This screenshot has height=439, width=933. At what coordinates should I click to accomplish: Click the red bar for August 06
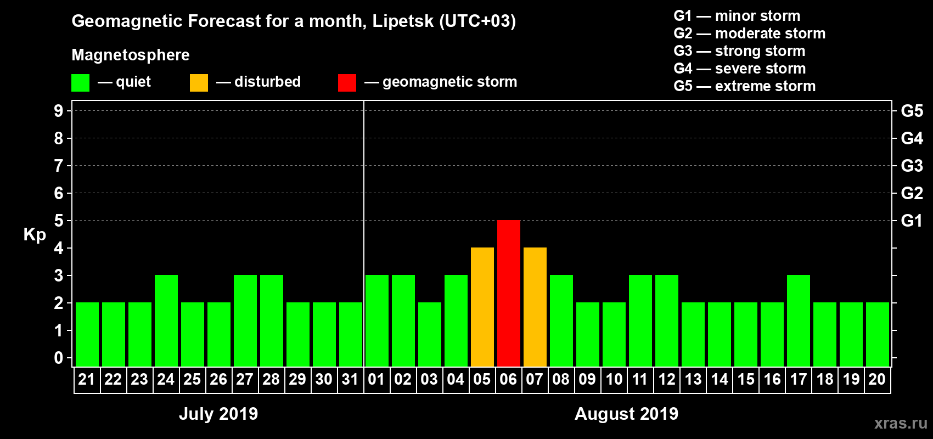click(509, 293)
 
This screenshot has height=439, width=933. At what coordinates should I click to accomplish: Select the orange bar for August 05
click(482, 307)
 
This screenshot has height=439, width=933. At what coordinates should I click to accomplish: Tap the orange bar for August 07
click(535, 307)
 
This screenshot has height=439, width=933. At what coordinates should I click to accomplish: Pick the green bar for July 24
click(166, 320)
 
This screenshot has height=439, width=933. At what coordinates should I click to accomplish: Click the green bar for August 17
click(799, 320)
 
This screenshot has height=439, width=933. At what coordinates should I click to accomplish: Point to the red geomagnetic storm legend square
click(347, 83)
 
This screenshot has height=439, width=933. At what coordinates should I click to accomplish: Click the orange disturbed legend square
click(199, 83)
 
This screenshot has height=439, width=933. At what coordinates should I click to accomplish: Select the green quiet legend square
click(80, 83)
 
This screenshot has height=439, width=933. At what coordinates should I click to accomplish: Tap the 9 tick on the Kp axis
click(59, 111)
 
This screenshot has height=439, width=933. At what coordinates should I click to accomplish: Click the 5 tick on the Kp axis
click(59, 221)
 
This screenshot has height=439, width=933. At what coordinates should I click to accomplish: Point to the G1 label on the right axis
click(912, 221)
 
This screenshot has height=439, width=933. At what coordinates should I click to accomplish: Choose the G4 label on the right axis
click(912, 138)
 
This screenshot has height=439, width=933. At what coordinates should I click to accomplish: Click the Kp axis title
click(35, 235)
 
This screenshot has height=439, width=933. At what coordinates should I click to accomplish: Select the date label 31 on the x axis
click(350, 379)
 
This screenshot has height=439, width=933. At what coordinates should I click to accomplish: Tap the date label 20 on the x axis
click(877, 379)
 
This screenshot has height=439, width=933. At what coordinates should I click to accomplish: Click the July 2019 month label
click(218, 414)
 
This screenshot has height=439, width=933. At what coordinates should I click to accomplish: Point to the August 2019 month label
click(626, 414)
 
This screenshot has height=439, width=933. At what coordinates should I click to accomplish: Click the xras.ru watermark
click(901, 423)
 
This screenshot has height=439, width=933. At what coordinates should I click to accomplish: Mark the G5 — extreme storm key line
click(745, 86)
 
